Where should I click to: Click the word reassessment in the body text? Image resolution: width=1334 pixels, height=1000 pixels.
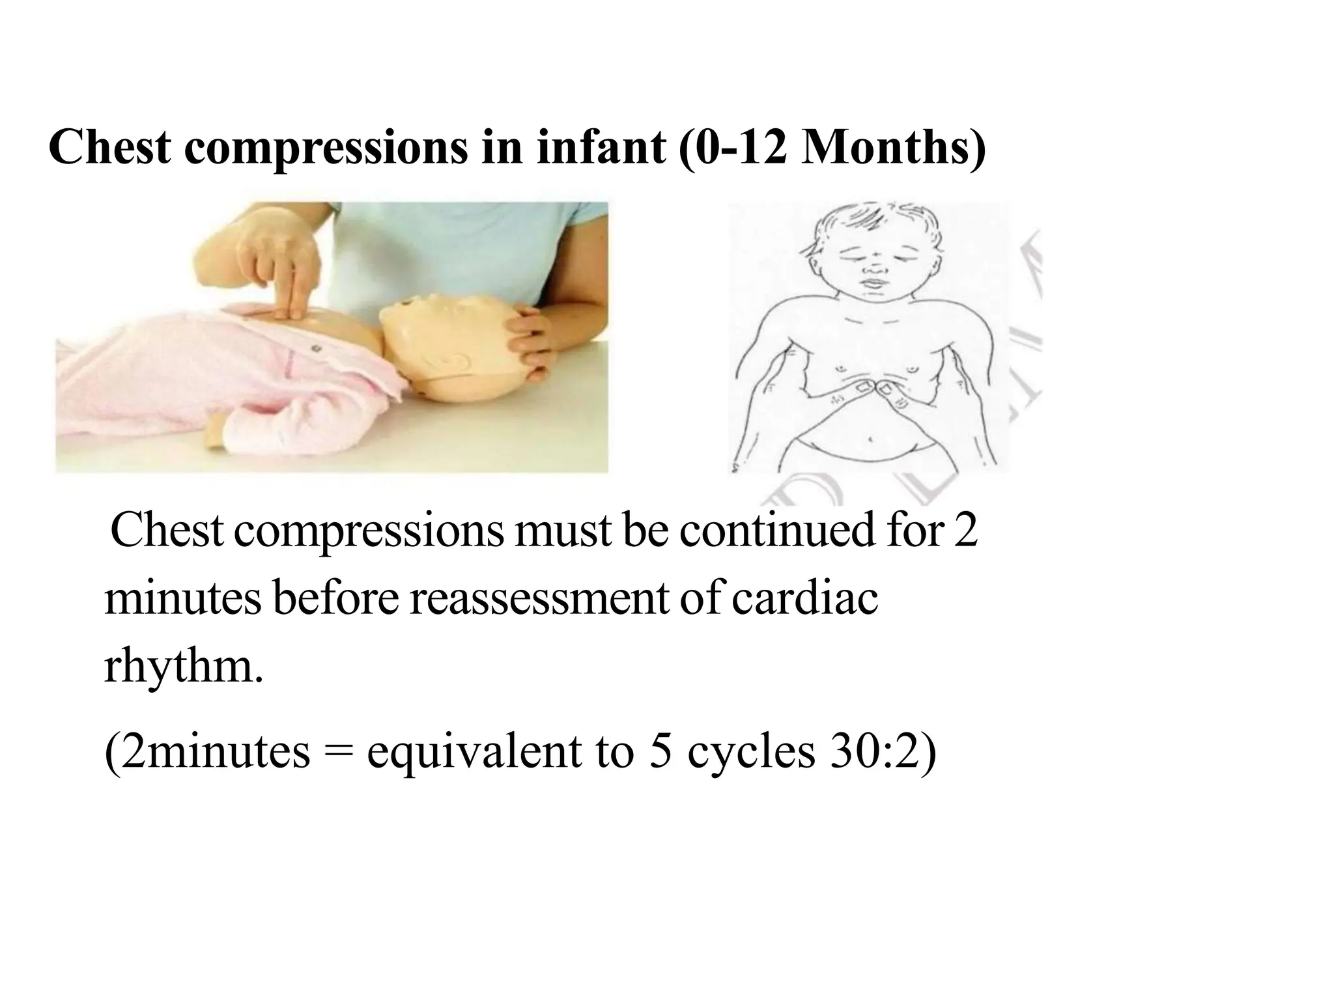click(x=539, y=599)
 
